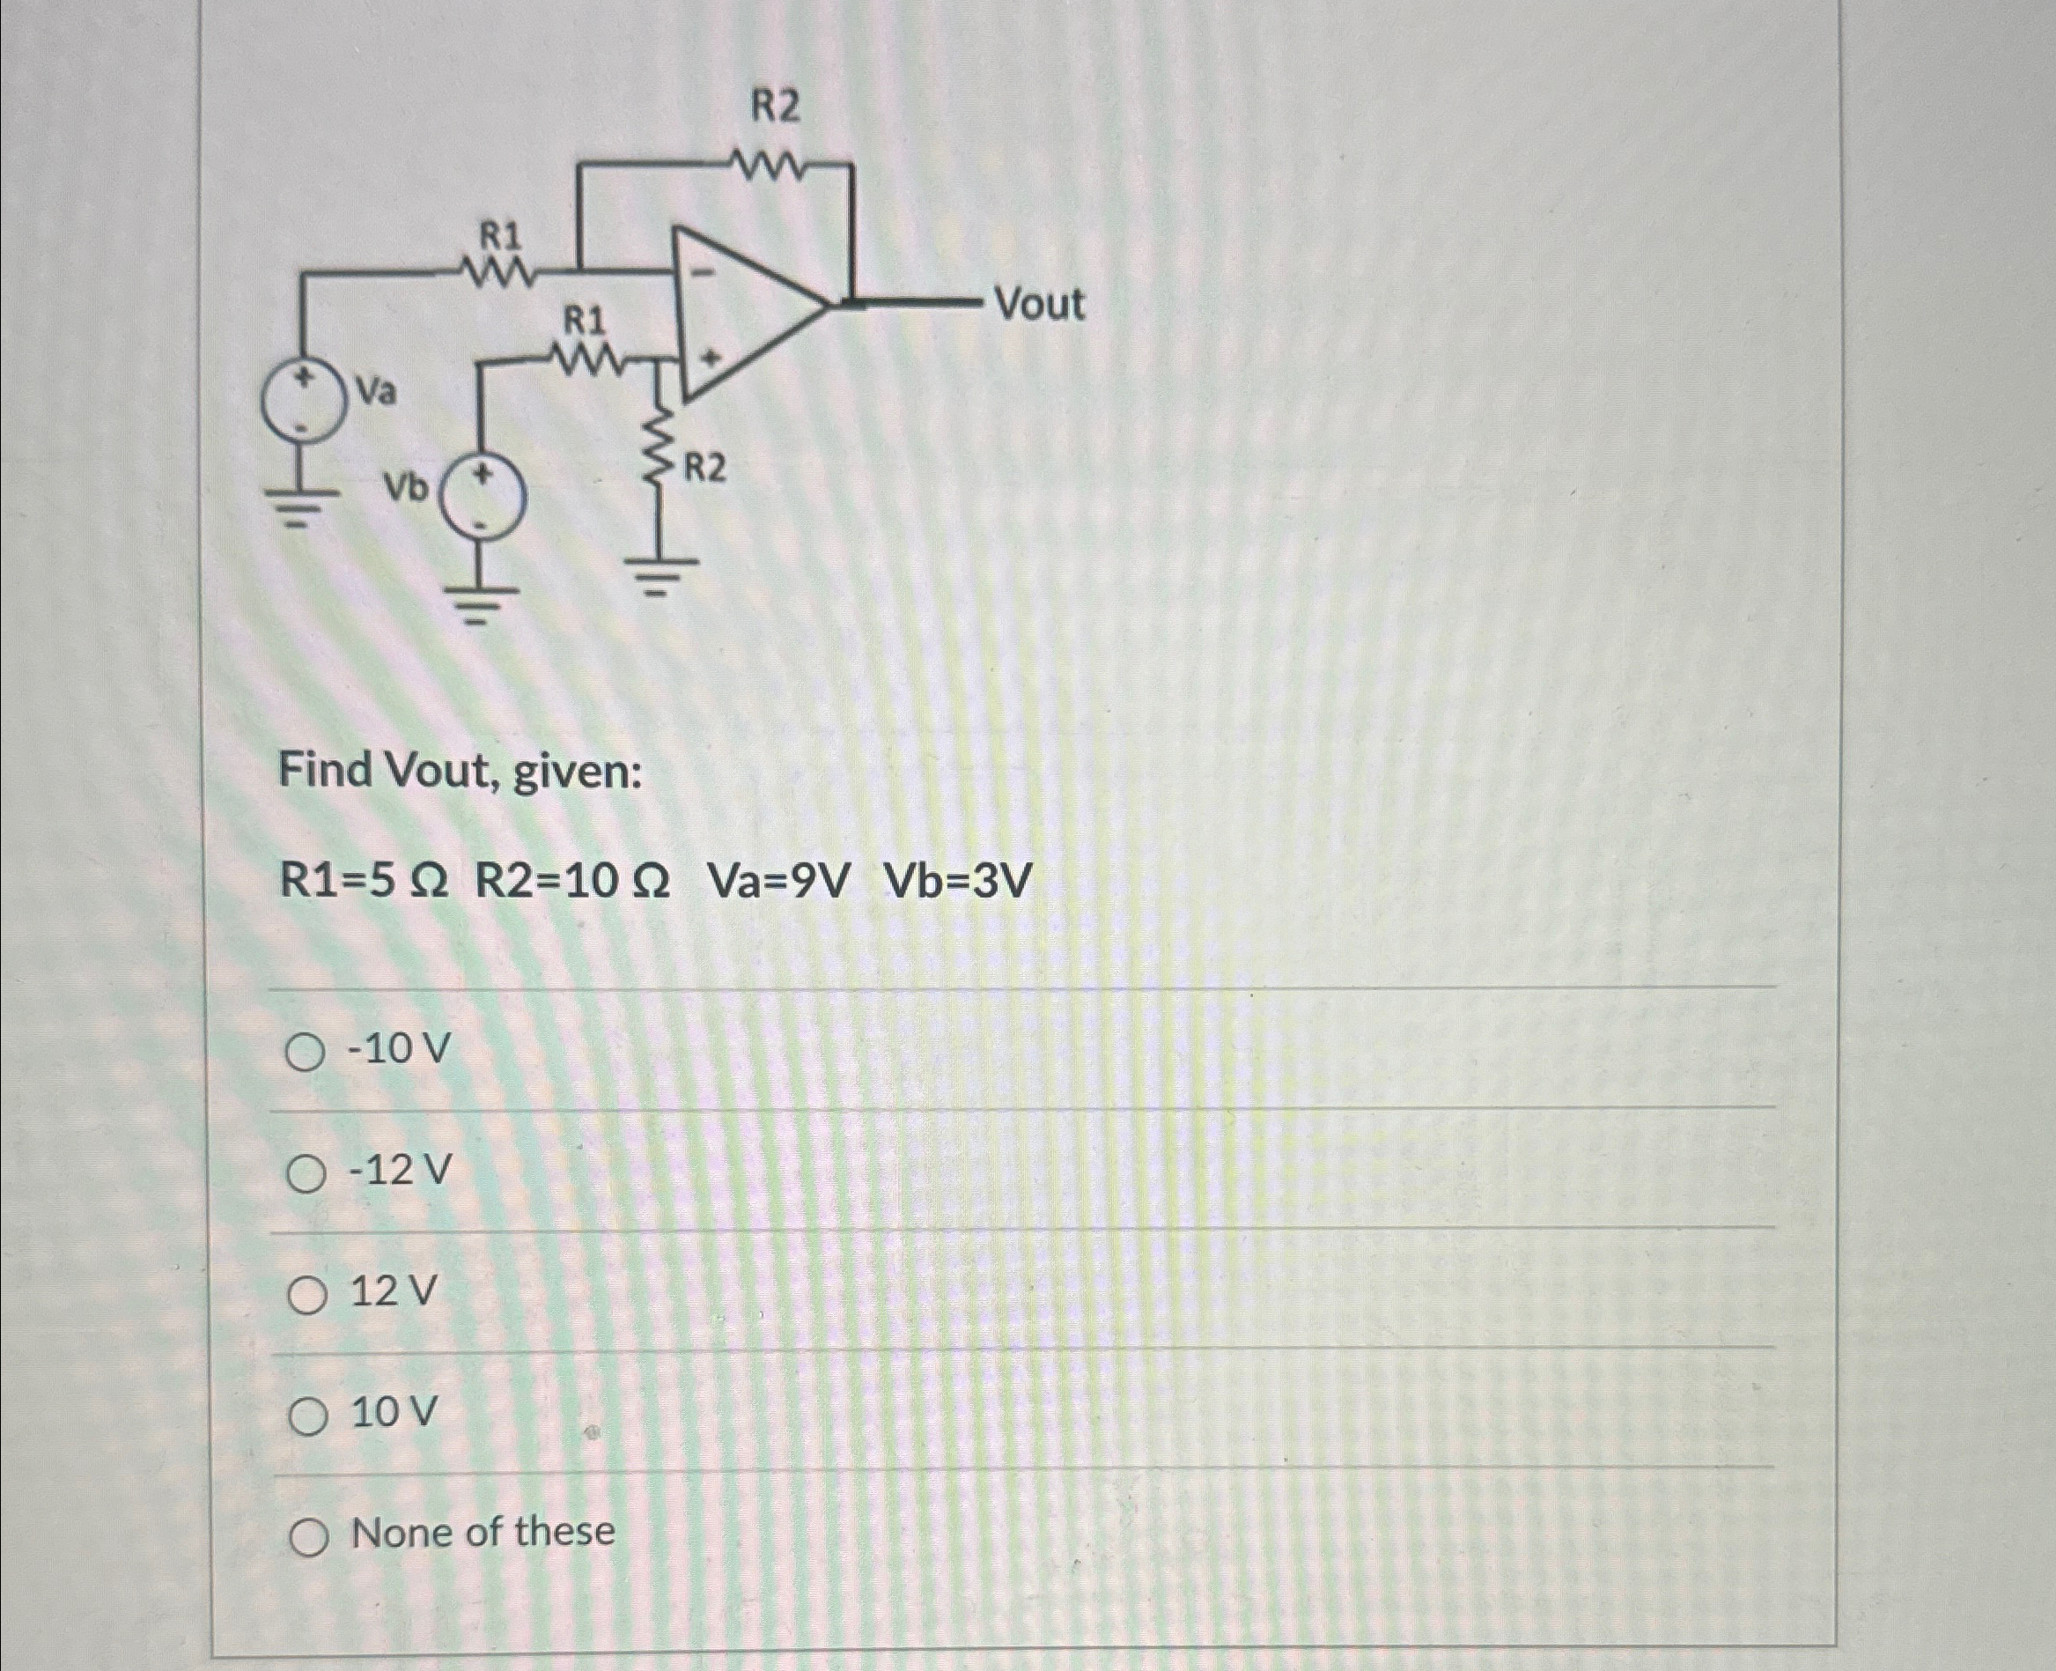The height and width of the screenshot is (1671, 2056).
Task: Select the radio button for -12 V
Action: tap(305, 1174)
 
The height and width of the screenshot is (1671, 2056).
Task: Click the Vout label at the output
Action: tap(1039, 304)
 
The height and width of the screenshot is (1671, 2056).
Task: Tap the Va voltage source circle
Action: tap(305, 403)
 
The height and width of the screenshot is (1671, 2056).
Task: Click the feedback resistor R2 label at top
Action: tap(775, 107)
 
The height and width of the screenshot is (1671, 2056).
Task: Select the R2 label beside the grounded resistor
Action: tap(704, 470)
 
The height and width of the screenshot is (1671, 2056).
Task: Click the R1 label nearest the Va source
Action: tap(500, 235)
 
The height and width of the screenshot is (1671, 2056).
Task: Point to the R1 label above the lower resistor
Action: tap(585, 319)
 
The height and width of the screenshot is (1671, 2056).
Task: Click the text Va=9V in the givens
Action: tap(778, 881)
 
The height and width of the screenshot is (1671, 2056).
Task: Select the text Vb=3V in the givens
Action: tap(958, 881)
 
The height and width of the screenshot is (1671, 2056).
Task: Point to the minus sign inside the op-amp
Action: tap(705, 273)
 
